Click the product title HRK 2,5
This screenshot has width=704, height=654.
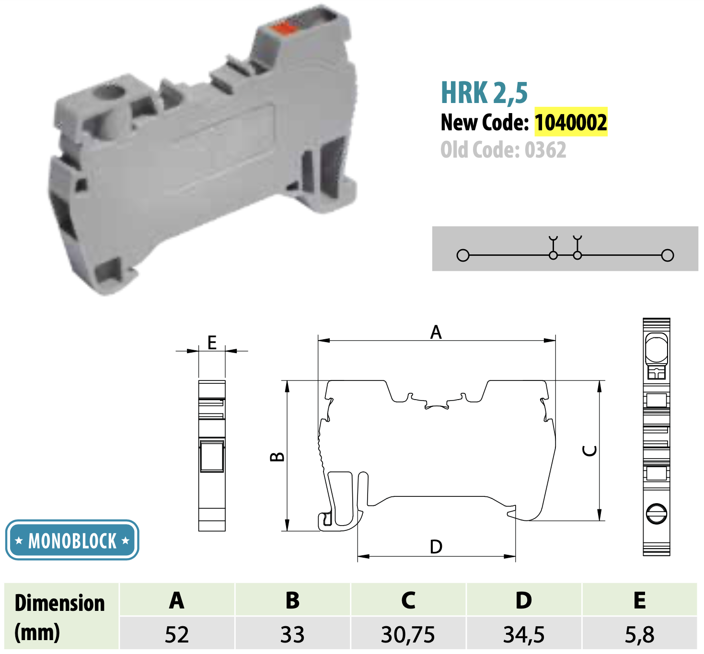(x=484, y=93)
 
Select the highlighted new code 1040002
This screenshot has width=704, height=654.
(x=571, y=122)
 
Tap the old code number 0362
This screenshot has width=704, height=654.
(x=545, y=149)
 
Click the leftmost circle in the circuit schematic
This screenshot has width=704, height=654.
(x=463, y=255)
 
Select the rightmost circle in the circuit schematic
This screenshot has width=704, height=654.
(x=668, y=255)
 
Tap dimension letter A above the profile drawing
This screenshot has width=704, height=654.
(x=436, y=332)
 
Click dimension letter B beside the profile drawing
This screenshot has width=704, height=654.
(x=277, y=457)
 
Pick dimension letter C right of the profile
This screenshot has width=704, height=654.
(x=589, y=450)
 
